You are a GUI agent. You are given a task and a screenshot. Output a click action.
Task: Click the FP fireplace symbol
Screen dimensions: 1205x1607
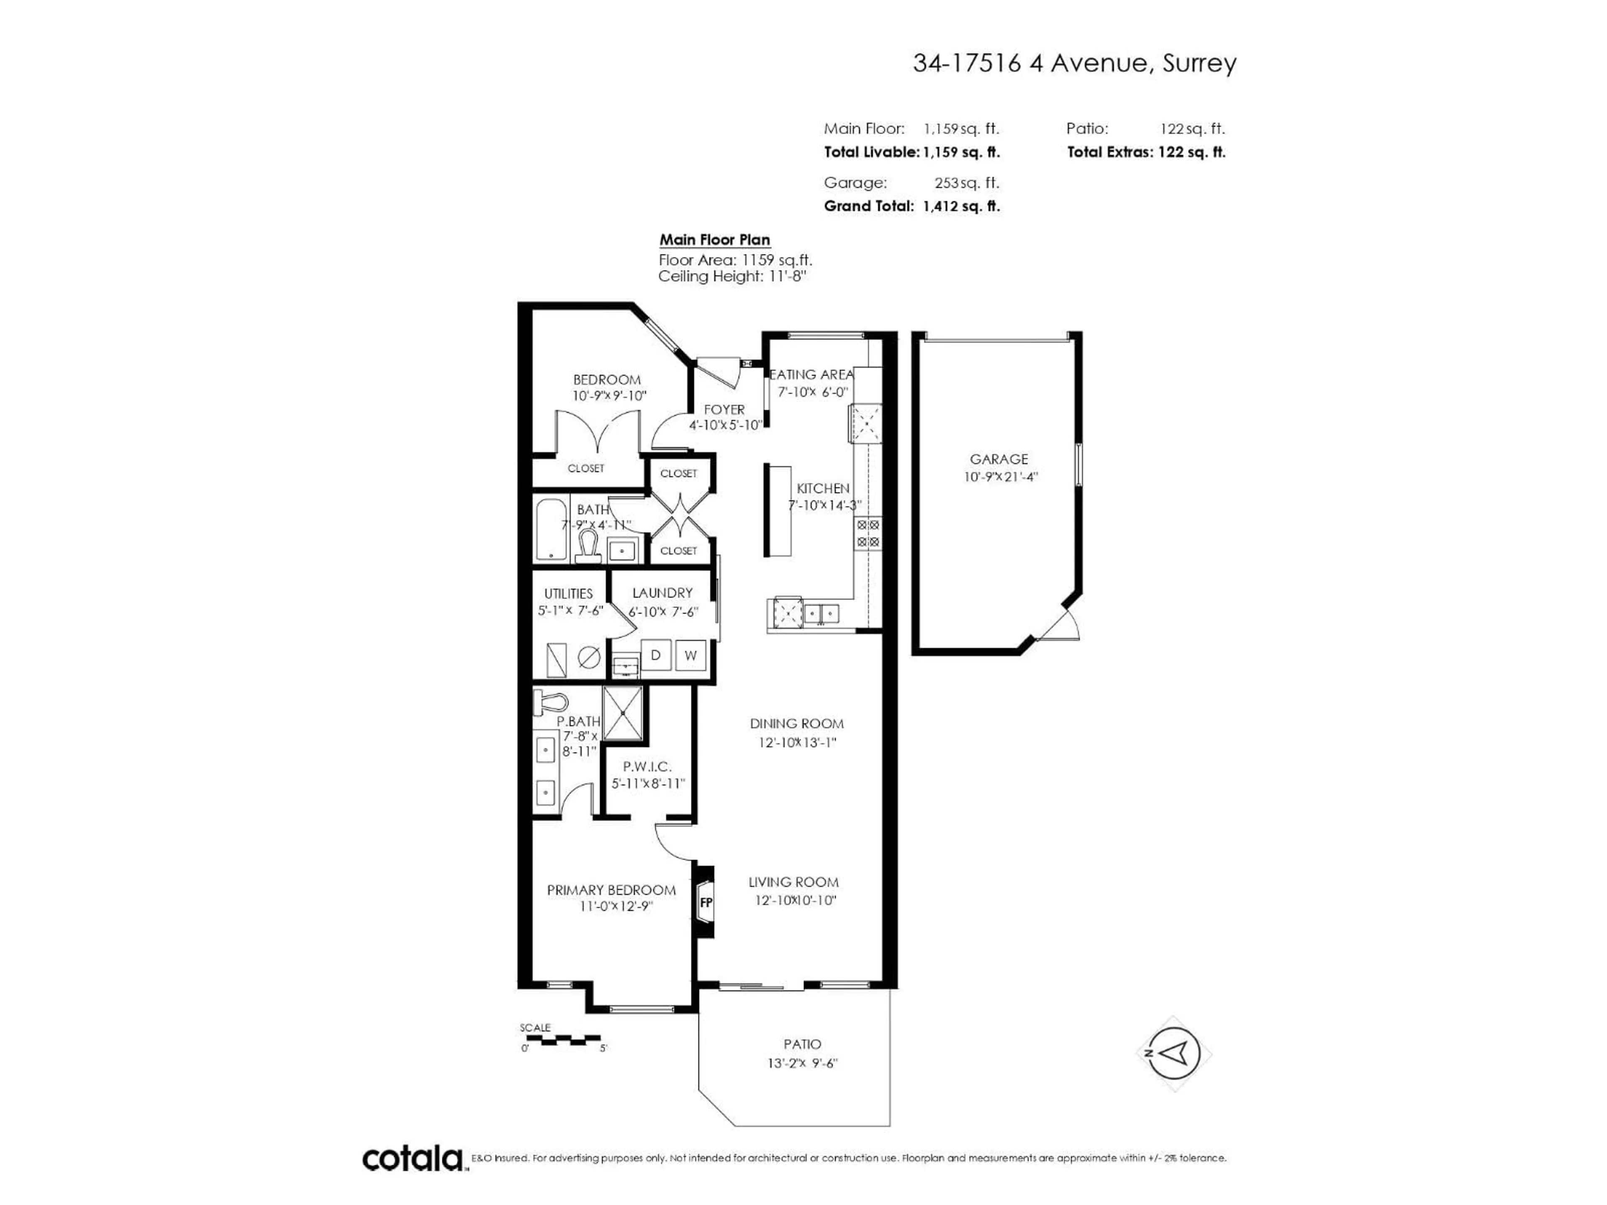pos(705,903)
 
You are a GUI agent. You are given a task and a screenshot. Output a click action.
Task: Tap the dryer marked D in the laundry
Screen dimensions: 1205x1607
pos(655,655)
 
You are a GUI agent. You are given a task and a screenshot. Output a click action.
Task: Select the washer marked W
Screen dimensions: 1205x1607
pos(690,655)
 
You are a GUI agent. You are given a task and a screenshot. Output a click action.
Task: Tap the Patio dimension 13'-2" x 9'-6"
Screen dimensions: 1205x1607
pos(802,1063)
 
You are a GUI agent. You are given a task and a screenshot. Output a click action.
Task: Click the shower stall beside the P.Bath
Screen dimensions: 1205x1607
pos(623,713)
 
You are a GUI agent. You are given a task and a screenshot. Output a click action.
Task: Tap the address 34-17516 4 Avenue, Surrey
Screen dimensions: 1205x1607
pos(1074,64)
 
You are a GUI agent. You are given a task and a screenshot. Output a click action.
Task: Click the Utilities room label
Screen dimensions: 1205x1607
pos(568,593)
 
